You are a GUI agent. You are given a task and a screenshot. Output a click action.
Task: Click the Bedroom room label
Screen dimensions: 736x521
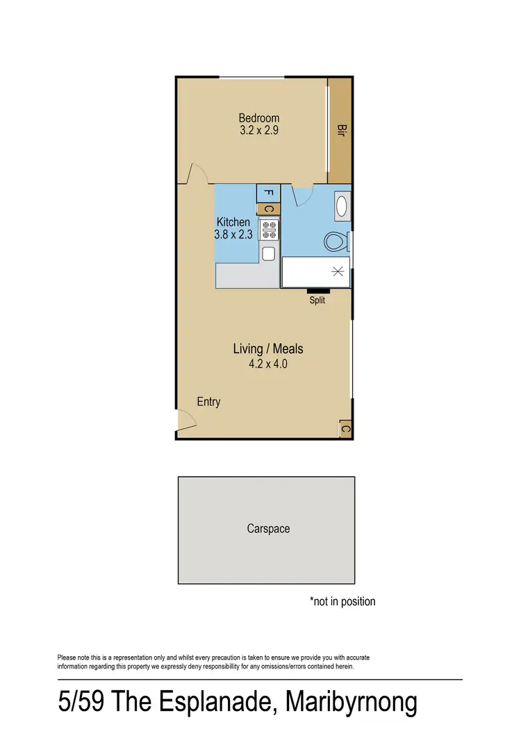pos(258,117)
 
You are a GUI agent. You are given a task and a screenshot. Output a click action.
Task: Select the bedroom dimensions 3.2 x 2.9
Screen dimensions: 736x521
pos(258,130)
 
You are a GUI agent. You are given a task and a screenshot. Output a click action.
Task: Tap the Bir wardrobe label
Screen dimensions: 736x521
pos(340,131)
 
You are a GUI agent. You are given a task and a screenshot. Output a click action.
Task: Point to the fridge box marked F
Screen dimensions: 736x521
pos(269,193)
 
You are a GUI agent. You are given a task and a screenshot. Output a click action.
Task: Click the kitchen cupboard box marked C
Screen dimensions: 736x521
pos(269,208)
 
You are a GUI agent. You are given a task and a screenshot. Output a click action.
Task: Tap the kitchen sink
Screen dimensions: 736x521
pos(269,253)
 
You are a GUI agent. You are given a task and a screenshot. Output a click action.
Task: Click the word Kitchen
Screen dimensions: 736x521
pos(233,222)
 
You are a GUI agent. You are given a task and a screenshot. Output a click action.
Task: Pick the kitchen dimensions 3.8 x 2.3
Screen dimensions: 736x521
pos(233,235)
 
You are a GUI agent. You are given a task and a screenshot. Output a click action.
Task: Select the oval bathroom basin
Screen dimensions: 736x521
pos(341,206)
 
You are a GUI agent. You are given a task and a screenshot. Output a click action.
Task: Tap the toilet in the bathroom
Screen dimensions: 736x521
pos(336,242)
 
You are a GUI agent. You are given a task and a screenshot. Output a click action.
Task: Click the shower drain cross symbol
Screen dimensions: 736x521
pos(338,271)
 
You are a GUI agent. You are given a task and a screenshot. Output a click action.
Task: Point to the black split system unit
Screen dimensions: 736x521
pos(317,291)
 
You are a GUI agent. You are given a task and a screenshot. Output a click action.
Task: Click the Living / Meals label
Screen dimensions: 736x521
pos(268,348)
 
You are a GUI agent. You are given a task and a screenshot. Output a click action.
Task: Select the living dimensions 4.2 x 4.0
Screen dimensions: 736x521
pos(268,362)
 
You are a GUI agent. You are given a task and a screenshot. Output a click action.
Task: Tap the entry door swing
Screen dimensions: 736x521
pos(186,419)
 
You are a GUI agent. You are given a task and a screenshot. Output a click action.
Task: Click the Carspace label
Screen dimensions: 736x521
pos(268,529)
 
